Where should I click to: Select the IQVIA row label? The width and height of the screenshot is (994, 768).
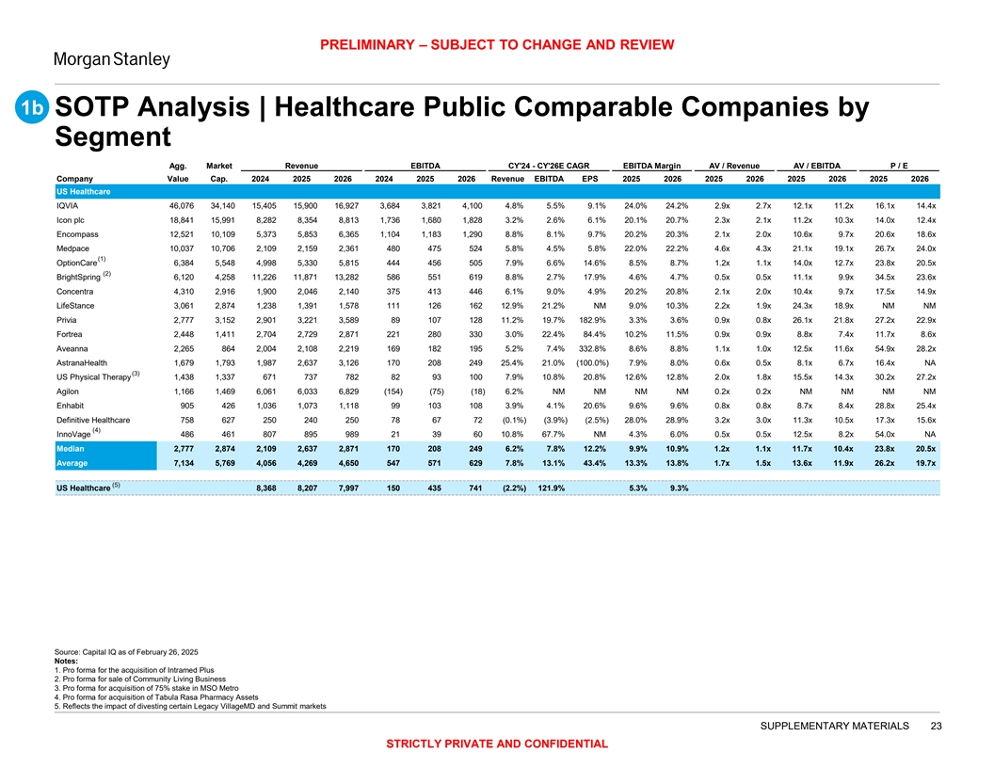pyautogui.click(x=68, y=204)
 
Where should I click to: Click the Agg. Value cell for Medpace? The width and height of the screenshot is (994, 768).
pyautogui.click(x=176, y=248)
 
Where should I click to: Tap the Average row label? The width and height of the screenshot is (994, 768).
pyautogui.click(x=73, y=463)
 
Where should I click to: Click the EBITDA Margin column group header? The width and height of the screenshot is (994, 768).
pyautogui.click(x=652, y=165)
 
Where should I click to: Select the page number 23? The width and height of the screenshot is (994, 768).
pyautogui.click(x=936, y=726)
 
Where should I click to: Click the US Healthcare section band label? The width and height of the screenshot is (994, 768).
pyautogui.click(x=84, y=191)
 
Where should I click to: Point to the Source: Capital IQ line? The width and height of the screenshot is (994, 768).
pyautogui.click(x=130, y=652)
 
